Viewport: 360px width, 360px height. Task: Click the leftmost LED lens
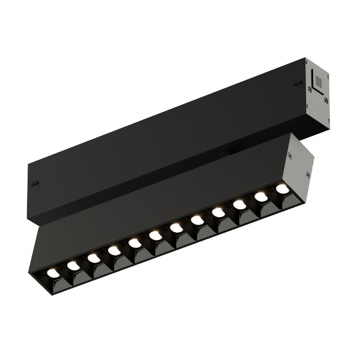point(53,272)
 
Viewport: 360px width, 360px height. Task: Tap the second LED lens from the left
point(73,265)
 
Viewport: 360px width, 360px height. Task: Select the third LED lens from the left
point(94,258)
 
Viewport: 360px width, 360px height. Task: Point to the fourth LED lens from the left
point(114,251)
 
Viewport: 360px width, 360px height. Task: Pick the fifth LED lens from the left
point(134,243)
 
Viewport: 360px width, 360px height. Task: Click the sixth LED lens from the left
point(155,236)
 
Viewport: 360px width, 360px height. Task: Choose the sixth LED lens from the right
point(176,228)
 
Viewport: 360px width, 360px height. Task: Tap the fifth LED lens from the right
point(197,220)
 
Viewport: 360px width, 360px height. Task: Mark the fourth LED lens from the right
point(218,212)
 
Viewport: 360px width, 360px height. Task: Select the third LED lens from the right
point(239,205)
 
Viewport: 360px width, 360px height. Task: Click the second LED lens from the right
point(261,196)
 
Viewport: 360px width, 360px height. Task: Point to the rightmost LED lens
point(282,188)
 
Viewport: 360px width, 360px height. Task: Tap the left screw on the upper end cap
point(310,89)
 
